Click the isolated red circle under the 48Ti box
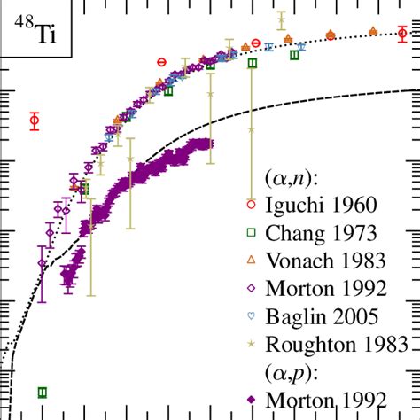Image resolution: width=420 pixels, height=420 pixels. pos(35,121)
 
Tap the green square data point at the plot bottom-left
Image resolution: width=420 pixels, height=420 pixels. pos(43,392)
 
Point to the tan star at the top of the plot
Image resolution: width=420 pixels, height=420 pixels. pos(281,19)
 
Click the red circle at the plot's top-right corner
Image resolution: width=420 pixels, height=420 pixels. pos(403,34)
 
